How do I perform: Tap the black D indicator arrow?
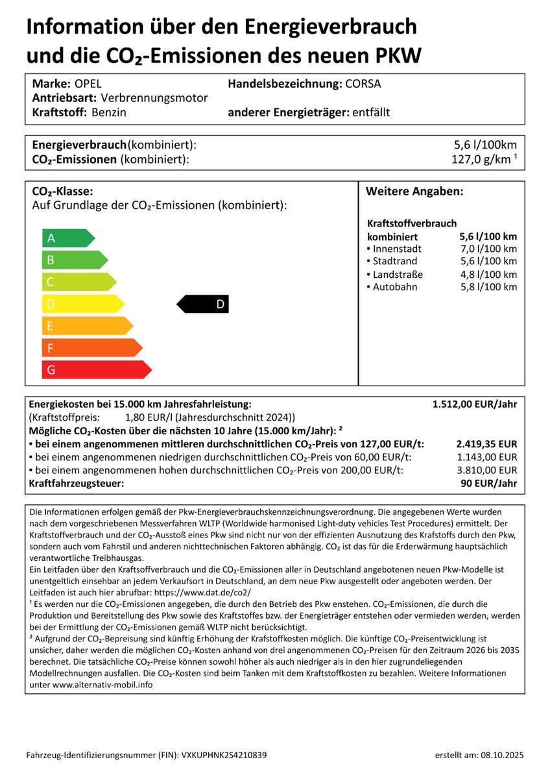tap(204, 304)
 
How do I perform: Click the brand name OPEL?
tap(88, 84)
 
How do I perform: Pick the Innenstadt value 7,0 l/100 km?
tap(488, 249)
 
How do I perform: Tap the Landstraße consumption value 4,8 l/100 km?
tap(488, 275)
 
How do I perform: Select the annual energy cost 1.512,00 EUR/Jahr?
tap(474, 404)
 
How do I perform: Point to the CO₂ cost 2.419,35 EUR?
tap(486, 444)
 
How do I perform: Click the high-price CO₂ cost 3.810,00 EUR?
tap(486, 471)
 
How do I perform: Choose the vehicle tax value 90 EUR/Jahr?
tap(488, 484)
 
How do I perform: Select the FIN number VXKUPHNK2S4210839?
tap(215, 756)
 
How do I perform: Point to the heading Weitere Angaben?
tap(414, 192)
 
